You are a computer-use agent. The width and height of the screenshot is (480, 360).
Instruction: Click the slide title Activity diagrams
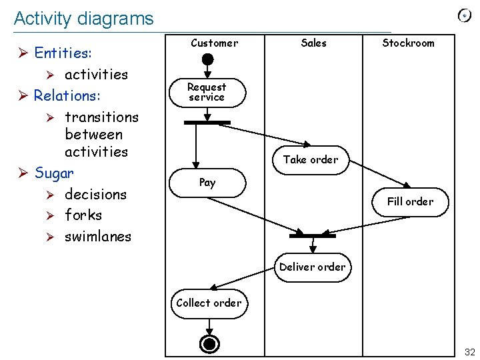click(x=83, y=19)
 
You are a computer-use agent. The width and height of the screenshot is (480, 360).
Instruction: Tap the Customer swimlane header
click(x=214, y=43)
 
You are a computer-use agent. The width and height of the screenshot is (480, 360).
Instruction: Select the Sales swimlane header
click(x=313, y=43)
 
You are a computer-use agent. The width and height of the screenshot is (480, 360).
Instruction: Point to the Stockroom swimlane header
click(x=408, y=43)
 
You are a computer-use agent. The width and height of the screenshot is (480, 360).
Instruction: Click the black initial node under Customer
click(x=208, y=59)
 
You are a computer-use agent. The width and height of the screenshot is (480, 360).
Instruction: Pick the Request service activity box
click(x=207, y=93)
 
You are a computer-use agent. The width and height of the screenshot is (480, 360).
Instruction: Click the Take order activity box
click(x=311, y=159)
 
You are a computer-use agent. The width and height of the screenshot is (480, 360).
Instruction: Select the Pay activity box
click(x=207, y=183)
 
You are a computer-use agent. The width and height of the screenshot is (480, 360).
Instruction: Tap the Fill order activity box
click(x=410, y=201)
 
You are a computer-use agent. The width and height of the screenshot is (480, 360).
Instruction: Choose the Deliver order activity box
click(x=312, y=267)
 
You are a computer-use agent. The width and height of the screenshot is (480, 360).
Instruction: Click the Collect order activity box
click(x=209, y=303)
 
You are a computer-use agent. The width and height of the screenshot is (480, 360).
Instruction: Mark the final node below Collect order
click(x=210, y=343)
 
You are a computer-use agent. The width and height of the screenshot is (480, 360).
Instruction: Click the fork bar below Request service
click(x=207, y=123)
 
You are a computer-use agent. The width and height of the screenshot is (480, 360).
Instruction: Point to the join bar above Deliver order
click(x=312, y=235)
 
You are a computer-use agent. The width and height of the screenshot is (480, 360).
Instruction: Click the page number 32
click(x=469, y=352)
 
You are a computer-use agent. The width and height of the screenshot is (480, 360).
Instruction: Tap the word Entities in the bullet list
click(x=63, y=53)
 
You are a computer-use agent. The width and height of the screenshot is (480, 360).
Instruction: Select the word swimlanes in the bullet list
click(x=98, y=236)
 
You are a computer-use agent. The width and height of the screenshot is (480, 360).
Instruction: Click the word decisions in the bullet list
click(x=95, y=195)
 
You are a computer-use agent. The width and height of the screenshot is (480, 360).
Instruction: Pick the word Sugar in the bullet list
click(x=54, y=173)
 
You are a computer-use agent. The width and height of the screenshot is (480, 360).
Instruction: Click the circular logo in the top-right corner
click(x=465, y=15)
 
